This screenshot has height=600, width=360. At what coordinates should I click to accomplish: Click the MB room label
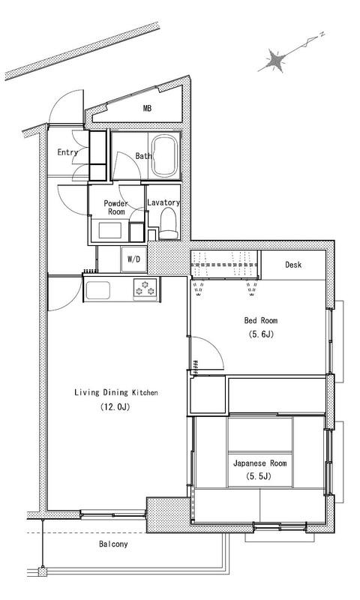tap(147, 108)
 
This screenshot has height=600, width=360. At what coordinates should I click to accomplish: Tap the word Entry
tap(67, 152)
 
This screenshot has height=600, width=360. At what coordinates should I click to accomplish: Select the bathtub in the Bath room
tap(164, 156)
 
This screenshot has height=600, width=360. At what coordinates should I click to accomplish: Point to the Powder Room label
tap(116, 208)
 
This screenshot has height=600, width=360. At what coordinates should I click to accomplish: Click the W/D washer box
tap(133, 259)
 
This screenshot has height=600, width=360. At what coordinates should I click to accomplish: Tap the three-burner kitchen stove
tap(145, 287)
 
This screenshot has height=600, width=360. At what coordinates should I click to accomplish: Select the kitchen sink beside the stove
tap(97, 290)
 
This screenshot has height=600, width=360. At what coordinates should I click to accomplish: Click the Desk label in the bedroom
tap(293, 265)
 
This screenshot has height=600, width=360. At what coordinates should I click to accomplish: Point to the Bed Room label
tap(261, 320)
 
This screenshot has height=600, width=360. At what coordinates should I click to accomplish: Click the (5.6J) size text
tap(261, 334)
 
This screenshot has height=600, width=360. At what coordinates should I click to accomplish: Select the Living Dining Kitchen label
tap(116, 392)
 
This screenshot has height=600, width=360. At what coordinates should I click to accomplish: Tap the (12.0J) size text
tap(115, 406)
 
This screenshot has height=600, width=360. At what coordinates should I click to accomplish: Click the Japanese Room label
tap(259, 463)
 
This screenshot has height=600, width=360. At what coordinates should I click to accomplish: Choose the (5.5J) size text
tap(259, 476)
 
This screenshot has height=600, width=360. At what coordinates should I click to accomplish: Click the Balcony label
tap(113, 544)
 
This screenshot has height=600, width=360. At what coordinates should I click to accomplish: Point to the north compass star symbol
tap(276, 60)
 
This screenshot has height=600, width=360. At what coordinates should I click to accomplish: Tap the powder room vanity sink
tap(110, 230)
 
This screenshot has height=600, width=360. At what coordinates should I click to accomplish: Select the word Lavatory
tap(163, 202)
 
